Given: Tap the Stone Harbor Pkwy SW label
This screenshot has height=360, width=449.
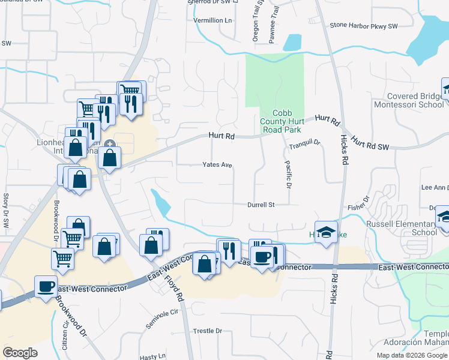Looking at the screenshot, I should (x=364, y=26).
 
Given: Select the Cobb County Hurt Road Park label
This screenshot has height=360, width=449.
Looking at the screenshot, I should (x=280, y=121).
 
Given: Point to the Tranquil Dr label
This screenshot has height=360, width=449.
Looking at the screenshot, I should (x=306, y=144).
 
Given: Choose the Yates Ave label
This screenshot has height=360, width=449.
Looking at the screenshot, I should (x=217, y=164).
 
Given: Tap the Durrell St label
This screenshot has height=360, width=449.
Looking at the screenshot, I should (x=261, y=205).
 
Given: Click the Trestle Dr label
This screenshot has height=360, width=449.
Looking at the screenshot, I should (x=207, y=331).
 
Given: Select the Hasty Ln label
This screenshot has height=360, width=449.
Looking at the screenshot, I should (x=153, y=356).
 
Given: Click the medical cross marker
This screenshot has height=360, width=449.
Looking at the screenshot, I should (x=110, y=144).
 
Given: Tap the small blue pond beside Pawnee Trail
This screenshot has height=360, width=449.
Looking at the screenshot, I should (x=292, y=42).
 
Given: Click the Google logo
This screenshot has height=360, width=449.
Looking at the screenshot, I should (x=20, y=353).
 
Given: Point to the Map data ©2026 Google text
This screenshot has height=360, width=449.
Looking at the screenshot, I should (x=412, y=355).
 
